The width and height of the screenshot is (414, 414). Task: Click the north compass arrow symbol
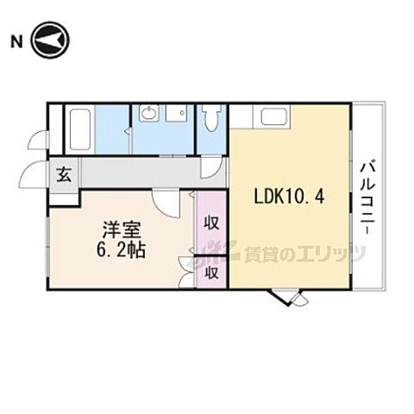(x=50, y=40)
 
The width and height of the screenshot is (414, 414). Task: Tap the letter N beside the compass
(x=16, y=42)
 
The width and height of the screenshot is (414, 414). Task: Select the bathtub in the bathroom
(x=80, y=129)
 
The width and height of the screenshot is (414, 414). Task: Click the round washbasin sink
(x=148, y=112)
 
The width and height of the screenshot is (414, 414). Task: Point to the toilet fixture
(x=211, y=118)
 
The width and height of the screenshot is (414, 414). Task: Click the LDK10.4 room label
(x=289, y=198)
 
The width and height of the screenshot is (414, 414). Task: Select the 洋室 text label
(x=122, y=230)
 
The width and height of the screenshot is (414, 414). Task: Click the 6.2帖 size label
(x=121, y=249)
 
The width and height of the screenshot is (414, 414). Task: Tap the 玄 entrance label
(x=64, y=175)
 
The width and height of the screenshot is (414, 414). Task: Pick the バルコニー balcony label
(x=368, y=199)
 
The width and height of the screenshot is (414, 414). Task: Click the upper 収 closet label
(x=211, y=223)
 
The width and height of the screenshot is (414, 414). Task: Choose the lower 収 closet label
(x=211, y=273)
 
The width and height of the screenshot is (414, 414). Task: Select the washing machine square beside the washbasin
(x=176, y=113)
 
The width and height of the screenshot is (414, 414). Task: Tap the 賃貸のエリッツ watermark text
(x=304, y=254)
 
